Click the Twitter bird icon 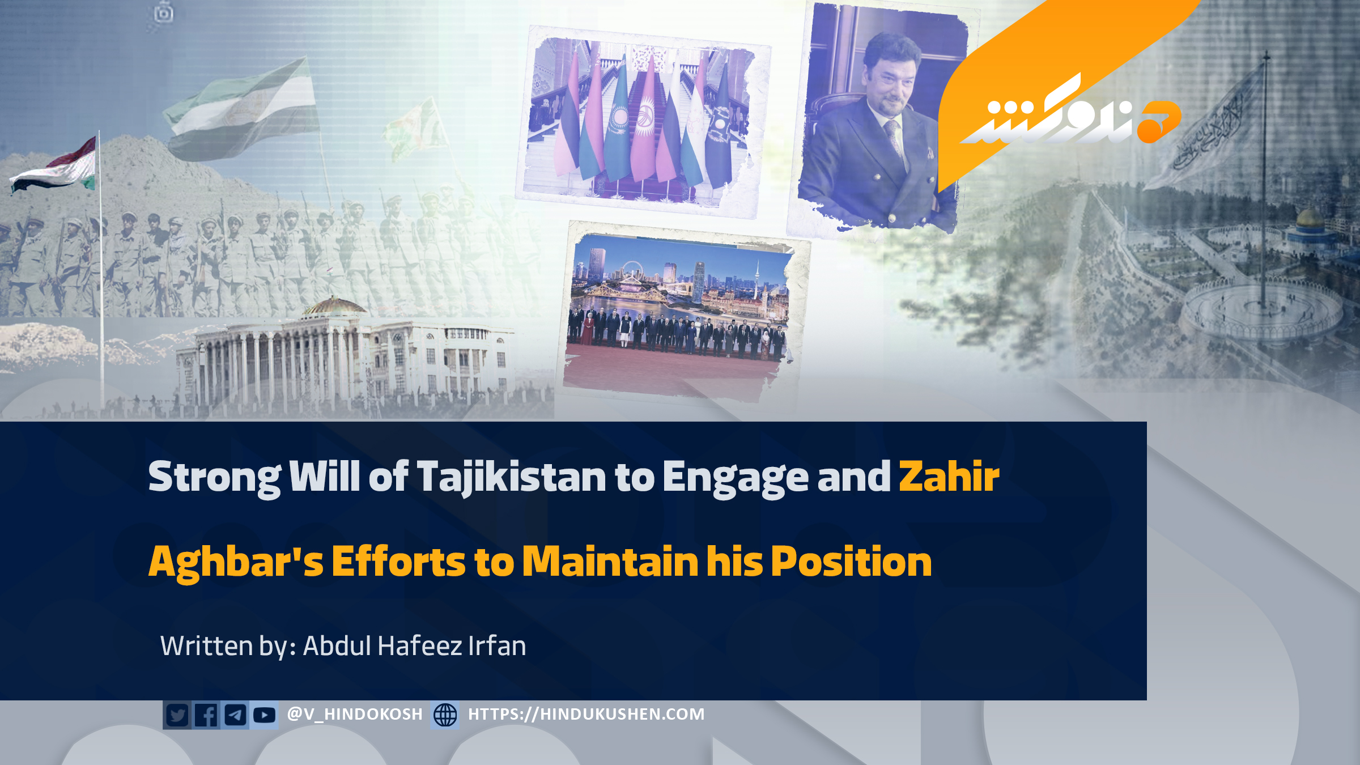[x=177, y=715]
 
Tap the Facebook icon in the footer [x=206, y=715]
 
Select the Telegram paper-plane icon [x=235, y=715]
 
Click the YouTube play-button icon [x=264, y=715]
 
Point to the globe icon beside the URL [x=445, y=715]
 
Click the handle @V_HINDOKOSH [x=355, y=714]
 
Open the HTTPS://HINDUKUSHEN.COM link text [x=586, y=714]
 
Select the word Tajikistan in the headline [x=512, y=477]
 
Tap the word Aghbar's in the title [x=236, y=562]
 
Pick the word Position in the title [x=851, y=562]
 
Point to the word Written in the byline [x=206, y=645]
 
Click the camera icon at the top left [x=163, y=12]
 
